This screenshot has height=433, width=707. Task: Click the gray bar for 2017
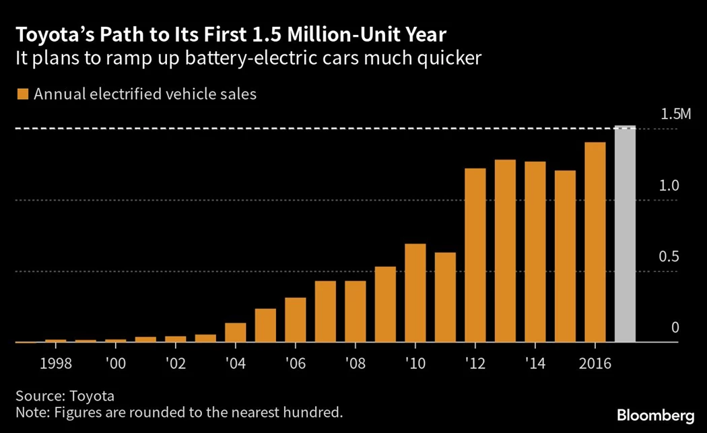pos(626,234)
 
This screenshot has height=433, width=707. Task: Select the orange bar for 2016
pos(595,242)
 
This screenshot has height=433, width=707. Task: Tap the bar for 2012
pos(475,255)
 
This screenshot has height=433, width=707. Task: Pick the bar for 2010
pos(415,293)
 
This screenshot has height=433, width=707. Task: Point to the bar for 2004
pos(236,333)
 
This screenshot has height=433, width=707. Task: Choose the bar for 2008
pos(356,312)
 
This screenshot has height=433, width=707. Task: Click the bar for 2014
pos(535,252)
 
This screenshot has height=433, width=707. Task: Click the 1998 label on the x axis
pos(56,364)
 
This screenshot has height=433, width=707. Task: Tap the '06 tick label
pos(296,364)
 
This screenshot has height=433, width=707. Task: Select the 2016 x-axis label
pos(595,364)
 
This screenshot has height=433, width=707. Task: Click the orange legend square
pos(22,94)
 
